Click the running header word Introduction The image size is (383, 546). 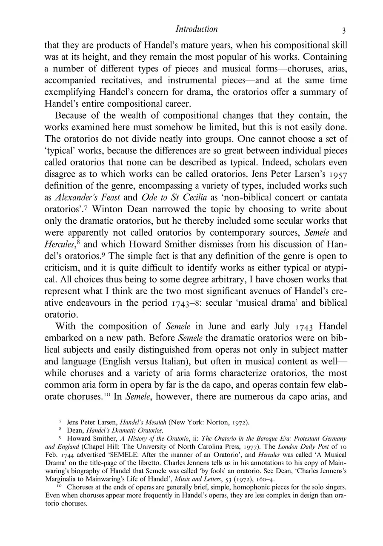pyautogui.click(x=197, y=29)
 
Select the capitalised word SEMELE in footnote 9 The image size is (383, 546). pyautogui.click(x=131, y=455)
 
